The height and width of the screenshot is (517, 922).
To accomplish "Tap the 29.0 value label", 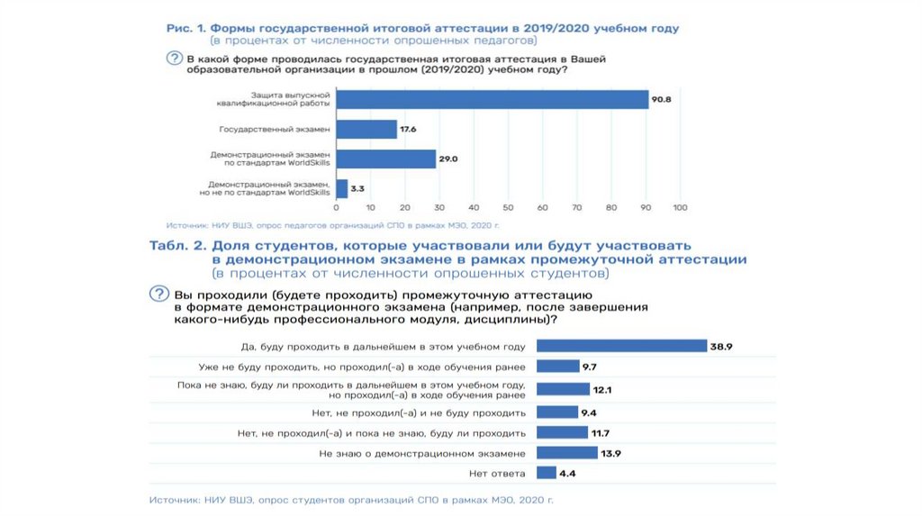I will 448,159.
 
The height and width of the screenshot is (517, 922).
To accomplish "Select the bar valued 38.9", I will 621,346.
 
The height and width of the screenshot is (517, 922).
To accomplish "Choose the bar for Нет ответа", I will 546,473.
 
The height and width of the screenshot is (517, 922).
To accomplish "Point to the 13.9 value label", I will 610,453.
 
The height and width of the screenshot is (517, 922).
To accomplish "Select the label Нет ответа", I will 497,473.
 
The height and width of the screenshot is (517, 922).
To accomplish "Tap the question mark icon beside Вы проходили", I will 158,295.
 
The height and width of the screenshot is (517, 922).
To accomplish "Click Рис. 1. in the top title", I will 188,29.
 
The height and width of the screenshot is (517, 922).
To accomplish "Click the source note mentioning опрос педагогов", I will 333,224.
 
